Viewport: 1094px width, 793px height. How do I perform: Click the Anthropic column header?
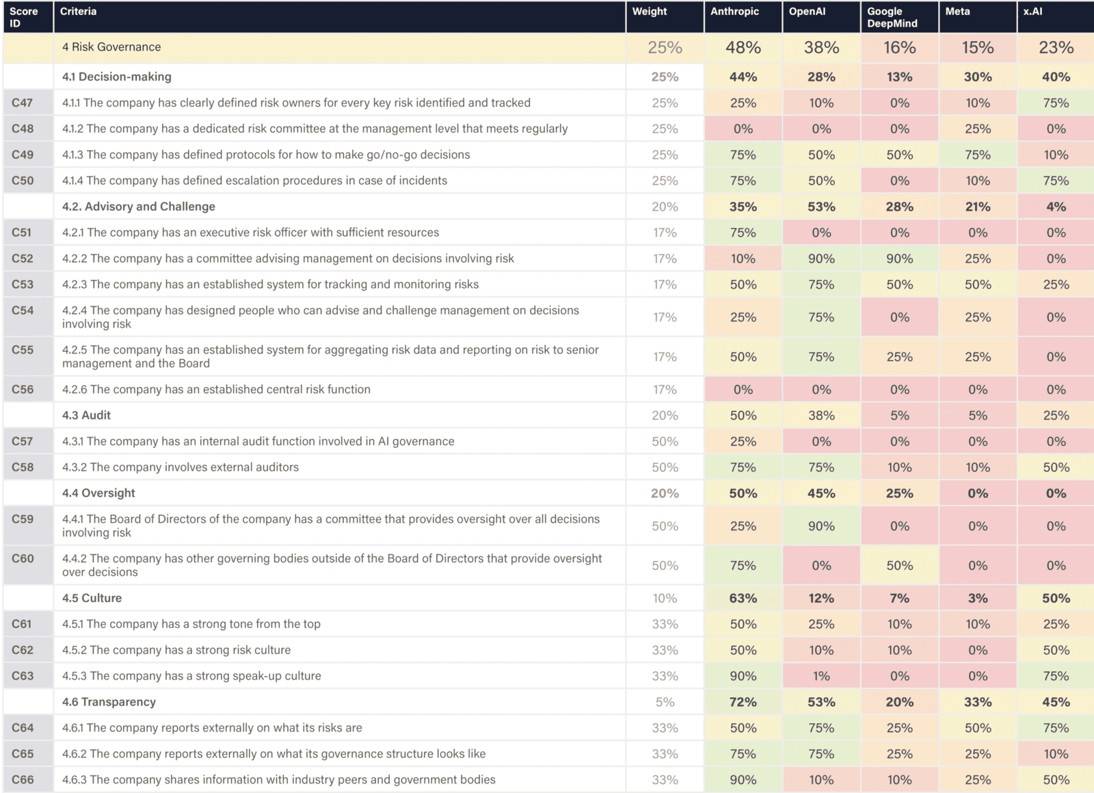(734, 12)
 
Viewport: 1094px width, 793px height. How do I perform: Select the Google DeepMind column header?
(892, 17)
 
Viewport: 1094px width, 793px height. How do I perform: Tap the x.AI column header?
(1032, 12)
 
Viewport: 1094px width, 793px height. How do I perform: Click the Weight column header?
(649, 12)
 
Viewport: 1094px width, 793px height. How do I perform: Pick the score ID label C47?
(22, 103)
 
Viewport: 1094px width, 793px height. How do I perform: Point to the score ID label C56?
(22, 389)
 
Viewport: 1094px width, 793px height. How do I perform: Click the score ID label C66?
(22, 779)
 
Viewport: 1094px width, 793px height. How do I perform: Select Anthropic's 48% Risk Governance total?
(743, 47)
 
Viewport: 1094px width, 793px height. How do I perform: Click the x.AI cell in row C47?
(1056, 103)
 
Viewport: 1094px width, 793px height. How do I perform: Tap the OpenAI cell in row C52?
(820, 259)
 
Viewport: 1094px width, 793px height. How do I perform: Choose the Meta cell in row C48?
(977, 129)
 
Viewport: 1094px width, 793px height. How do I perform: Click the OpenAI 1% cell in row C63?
(820, 676)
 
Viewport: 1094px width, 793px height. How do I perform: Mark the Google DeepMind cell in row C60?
(899, 566)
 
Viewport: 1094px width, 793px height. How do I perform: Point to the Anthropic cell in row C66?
(743, 779)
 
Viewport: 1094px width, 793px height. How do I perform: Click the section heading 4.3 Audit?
(86, 415)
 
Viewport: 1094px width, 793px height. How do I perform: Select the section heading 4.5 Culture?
(92, 598)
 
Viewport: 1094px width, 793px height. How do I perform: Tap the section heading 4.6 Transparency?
(109, 702)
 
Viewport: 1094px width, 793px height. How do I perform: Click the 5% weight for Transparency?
(665, 702)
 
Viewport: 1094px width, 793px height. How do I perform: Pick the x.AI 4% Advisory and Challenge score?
(1056, 207)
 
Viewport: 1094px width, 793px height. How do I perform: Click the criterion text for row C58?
(181, 467)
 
